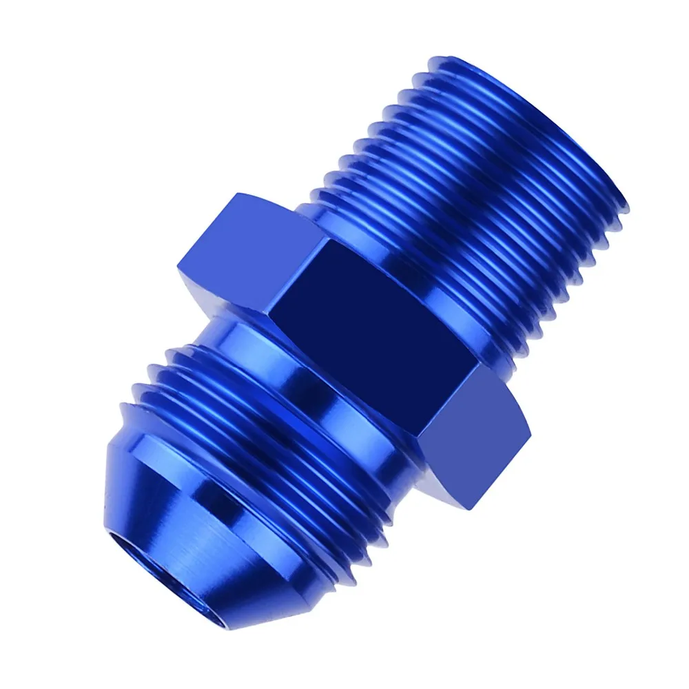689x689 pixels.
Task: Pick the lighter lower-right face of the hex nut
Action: tap(475, 427)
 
